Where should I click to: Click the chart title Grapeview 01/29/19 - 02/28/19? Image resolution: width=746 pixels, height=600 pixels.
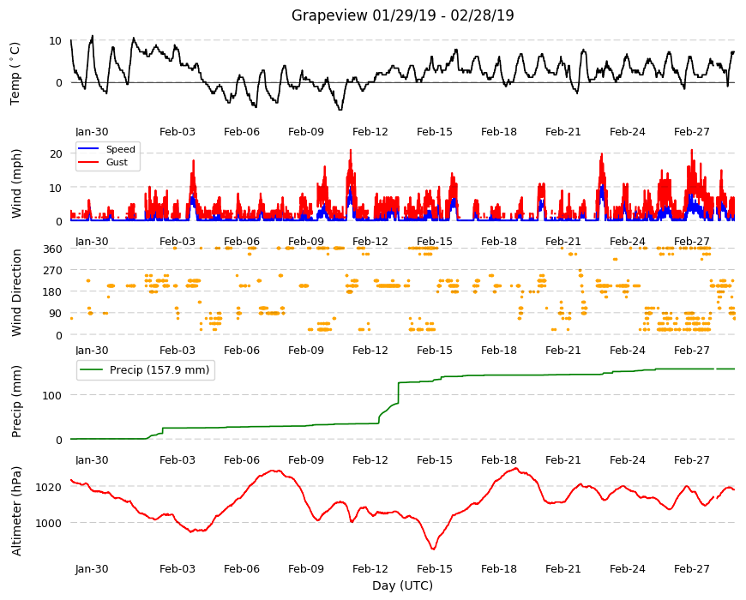pos(402,15)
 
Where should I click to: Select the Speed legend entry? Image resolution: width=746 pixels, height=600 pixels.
pos(106,149)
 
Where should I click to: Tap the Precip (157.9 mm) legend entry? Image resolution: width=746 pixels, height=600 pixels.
pos(146,370)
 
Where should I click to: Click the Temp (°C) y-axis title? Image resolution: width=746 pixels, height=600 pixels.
pos(15,74)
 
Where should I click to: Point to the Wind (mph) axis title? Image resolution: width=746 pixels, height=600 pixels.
pos(16,183)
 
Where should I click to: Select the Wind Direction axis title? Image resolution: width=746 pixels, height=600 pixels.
pos(16,292)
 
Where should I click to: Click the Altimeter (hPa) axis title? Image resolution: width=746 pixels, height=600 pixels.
pos(16,511)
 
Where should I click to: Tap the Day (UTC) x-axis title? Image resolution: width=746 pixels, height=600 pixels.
pos(402,585)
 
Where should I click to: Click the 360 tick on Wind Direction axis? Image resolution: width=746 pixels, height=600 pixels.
pos(52,249)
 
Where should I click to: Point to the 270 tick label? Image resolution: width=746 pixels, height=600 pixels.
pos(52,271)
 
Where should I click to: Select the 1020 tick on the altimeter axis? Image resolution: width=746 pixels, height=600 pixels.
pos(49,487)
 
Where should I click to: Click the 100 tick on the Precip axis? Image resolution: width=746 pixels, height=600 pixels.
pos(52,395)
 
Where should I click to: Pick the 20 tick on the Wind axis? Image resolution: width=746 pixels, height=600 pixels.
pos(56,153)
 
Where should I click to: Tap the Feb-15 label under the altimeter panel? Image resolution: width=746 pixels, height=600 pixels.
pos(435,568)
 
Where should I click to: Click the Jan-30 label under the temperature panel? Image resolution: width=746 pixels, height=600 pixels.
pos(92,132)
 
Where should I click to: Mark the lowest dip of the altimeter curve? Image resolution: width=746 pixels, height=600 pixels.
pos(433,549)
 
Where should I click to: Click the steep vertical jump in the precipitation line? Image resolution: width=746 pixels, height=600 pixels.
pos(398,393)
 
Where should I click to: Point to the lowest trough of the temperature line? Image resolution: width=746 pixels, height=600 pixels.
pos(340,110)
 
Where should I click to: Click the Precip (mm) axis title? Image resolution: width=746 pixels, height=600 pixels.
pos(16,401)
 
